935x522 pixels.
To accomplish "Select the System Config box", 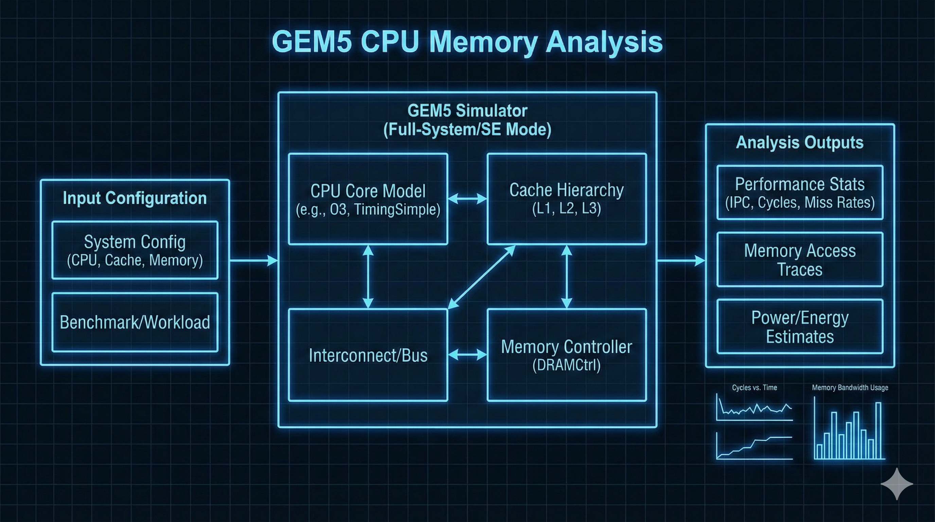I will pos(135,250).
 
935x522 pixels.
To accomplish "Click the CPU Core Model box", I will pos(368,199).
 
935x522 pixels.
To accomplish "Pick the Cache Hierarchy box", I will pos(566,199).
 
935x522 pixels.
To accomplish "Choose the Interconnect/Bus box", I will pos(368,355).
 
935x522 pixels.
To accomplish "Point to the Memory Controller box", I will pos(566,355).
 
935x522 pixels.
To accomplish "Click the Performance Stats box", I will pos(800,192).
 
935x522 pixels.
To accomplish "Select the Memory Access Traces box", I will pos(800,260).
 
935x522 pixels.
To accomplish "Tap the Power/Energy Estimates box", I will pos(800,326).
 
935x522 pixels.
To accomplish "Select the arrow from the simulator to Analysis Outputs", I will pos(681,260).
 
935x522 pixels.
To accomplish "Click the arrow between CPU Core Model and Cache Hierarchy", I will pos(467,198).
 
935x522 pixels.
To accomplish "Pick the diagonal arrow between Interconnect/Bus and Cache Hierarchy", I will pos(481,277).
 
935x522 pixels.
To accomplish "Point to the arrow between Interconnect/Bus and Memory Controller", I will pos(467,355).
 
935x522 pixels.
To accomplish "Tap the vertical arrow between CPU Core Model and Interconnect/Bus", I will pos(368,277).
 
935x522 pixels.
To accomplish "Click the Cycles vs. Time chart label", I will pos(754,388).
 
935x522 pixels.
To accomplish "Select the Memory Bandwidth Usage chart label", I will pos(850,388).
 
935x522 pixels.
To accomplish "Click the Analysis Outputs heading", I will pos(800,142).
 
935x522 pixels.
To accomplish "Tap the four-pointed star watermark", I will pos(897,484).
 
